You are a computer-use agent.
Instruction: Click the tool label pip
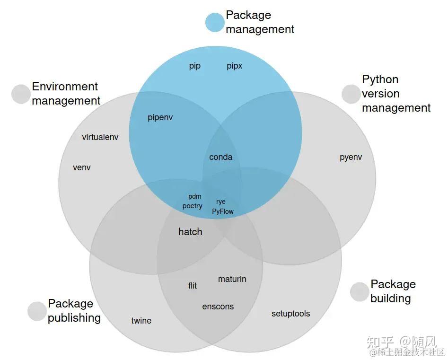pos(195,66)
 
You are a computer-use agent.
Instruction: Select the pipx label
pos(234,66)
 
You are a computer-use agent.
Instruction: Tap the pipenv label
pos(160,117)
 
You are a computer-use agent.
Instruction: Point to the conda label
pos(220,157)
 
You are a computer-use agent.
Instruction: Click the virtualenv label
pos(100,137)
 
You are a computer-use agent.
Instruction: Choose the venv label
pos(82,167)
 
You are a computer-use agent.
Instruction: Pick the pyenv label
pos(351,157)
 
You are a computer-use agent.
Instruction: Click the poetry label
pos(192,206)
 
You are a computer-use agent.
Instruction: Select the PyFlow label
pos(222,211)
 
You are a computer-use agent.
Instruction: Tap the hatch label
pos(190,231)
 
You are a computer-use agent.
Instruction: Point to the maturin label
pos(232,279)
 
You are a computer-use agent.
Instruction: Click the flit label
pos(193,285)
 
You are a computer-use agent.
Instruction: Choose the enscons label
pos(218,306)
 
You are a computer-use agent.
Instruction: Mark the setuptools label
pos(290,313)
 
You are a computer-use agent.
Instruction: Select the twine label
pos(141,320)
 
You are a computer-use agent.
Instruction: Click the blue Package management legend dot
pos(215,23)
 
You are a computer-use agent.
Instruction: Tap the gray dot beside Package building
pos(360,292)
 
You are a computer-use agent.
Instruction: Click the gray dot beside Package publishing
pos(37,311)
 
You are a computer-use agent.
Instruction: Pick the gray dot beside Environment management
pos(21,94)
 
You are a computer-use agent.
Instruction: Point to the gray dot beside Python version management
pos(351,94)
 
